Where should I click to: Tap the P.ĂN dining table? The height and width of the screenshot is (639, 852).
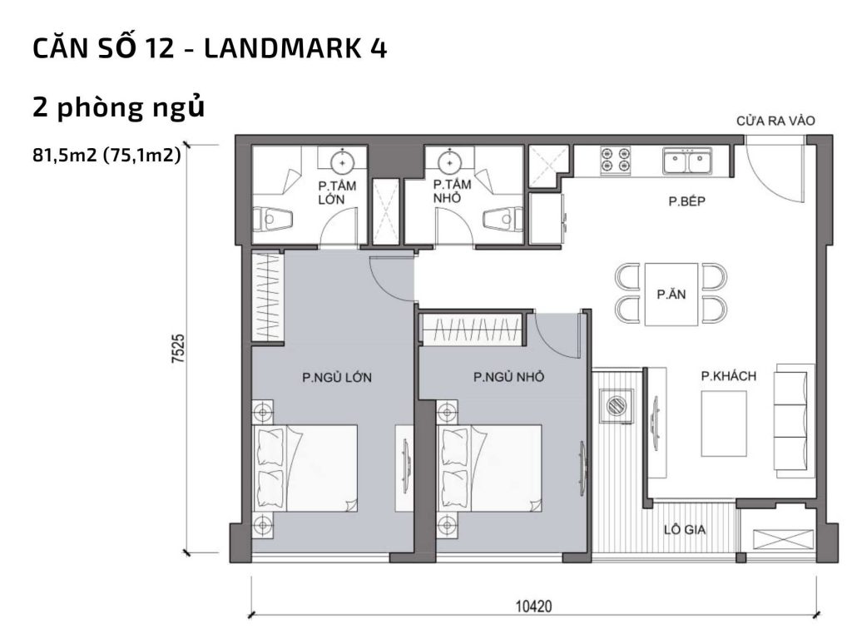[670, 294]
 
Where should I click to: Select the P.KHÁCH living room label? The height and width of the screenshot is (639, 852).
[728, 377]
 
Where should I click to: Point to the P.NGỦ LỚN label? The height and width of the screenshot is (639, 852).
[336, 377]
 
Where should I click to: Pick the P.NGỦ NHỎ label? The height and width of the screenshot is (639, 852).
[508, 377]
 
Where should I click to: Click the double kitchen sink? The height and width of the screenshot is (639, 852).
[686, 160]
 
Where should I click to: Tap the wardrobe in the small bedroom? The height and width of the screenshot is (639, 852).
[471, 329]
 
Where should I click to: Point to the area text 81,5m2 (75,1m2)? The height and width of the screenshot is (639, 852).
[106, 154]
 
